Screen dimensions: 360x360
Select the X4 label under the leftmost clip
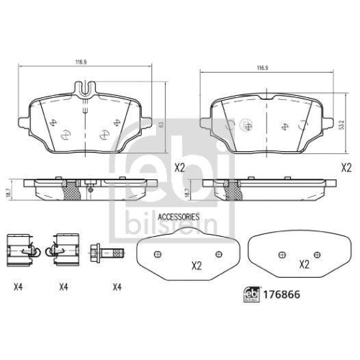coord(18,288)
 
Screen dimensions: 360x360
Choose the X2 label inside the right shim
coord(304,264)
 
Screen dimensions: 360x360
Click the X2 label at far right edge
coord(345,167)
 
